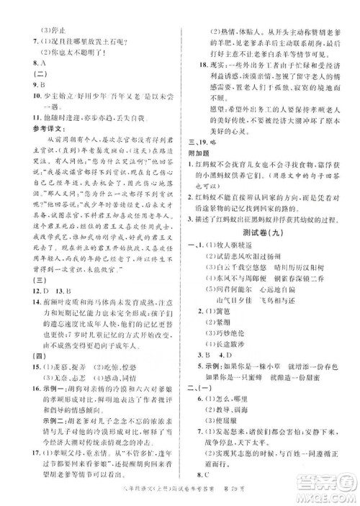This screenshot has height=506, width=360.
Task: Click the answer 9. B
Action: point(32,84)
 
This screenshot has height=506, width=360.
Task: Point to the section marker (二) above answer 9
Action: point(32,73)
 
